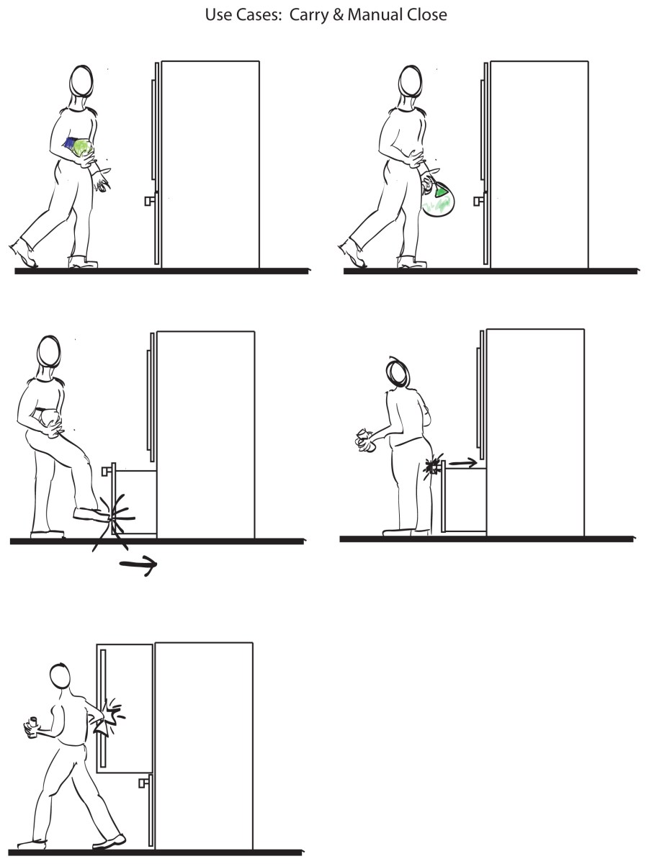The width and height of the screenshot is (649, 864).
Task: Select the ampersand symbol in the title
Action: (x=339, y=15)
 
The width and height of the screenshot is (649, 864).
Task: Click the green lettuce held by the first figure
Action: (x=83, y=148)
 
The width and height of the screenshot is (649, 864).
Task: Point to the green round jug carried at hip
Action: (x=439, y=199)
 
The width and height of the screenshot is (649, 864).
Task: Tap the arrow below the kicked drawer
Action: (x=138, y=565)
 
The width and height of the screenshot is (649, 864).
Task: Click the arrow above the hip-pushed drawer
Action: (x=463, y=463)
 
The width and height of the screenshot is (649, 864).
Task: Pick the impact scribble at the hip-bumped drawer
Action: (x=432, y=467)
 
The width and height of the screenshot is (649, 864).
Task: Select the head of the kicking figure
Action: (x=49, y=352)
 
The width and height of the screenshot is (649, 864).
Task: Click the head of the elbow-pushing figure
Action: (x=61, y=676)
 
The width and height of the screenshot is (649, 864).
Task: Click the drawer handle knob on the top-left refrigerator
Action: (x=150, y=201)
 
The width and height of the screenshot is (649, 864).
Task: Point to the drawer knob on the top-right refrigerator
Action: (x=478, y=201)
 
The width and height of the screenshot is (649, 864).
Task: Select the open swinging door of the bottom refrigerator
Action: (x=125, y=708)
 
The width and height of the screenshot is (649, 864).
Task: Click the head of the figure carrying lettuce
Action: (x=81, y=81)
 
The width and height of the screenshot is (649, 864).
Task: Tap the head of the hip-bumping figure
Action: (x=398, y=372)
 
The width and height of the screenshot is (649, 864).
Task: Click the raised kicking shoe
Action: (x=91, y=513)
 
